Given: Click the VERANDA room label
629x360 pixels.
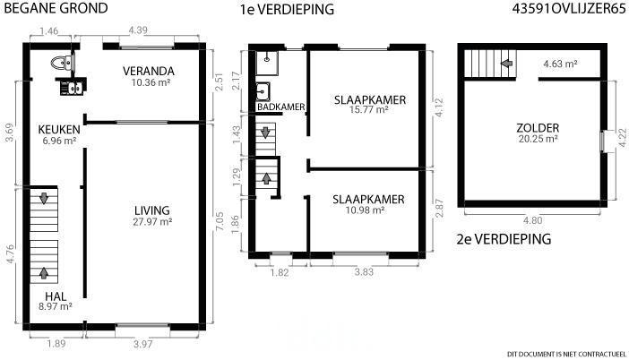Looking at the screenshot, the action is click(149, 72).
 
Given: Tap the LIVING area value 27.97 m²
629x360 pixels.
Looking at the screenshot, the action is click(152, 222).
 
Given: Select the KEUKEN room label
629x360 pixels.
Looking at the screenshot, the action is click(59, 130).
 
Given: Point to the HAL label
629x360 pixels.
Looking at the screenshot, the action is click(56, 296).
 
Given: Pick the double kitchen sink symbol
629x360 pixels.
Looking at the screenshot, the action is click(72, 88).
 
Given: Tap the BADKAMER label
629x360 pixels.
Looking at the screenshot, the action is click(281, 107).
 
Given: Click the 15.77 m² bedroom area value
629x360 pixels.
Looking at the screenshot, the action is click(368, 109).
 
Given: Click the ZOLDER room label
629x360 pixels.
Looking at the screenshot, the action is click(538, 128).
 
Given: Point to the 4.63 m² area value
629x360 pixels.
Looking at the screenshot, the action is click(560, 64).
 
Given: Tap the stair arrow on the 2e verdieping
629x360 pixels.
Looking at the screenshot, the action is click(507, 63).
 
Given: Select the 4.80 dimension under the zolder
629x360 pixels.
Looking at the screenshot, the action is click(533, 220).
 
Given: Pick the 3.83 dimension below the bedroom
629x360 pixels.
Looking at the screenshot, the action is click(364, 272).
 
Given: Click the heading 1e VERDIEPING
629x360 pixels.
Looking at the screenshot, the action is click(287, 9).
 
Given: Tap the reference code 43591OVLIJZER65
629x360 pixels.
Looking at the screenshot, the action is click(569, 8).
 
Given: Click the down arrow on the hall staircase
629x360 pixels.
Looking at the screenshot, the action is click(44, 198).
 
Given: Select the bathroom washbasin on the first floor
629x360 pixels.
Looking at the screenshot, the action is click(263, 92).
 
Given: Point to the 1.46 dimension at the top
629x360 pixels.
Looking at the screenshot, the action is click(49, 31).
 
